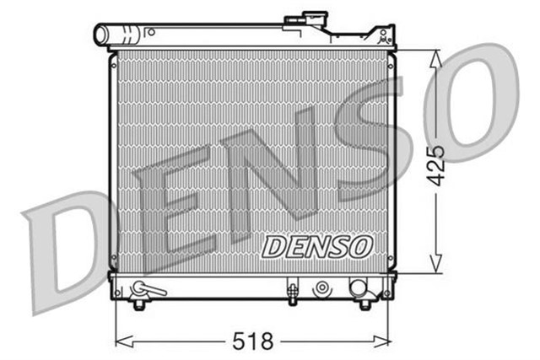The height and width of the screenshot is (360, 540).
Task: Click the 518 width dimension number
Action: [253, 341]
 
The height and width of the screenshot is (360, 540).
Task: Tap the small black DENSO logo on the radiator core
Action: [316, 245]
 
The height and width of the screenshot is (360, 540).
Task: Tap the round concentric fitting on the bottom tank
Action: [321, 289]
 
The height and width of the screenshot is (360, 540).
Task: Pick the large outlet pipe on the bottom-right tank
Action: [359, 287]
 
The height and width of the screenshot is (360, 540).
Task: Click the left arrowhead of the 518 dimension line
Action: [118, 341]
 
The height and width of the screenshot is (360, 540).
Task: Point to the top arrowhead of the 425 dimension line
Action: [435, 56]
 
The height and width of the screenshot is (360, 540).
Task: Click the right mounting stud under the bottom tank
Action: [364, 303]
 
